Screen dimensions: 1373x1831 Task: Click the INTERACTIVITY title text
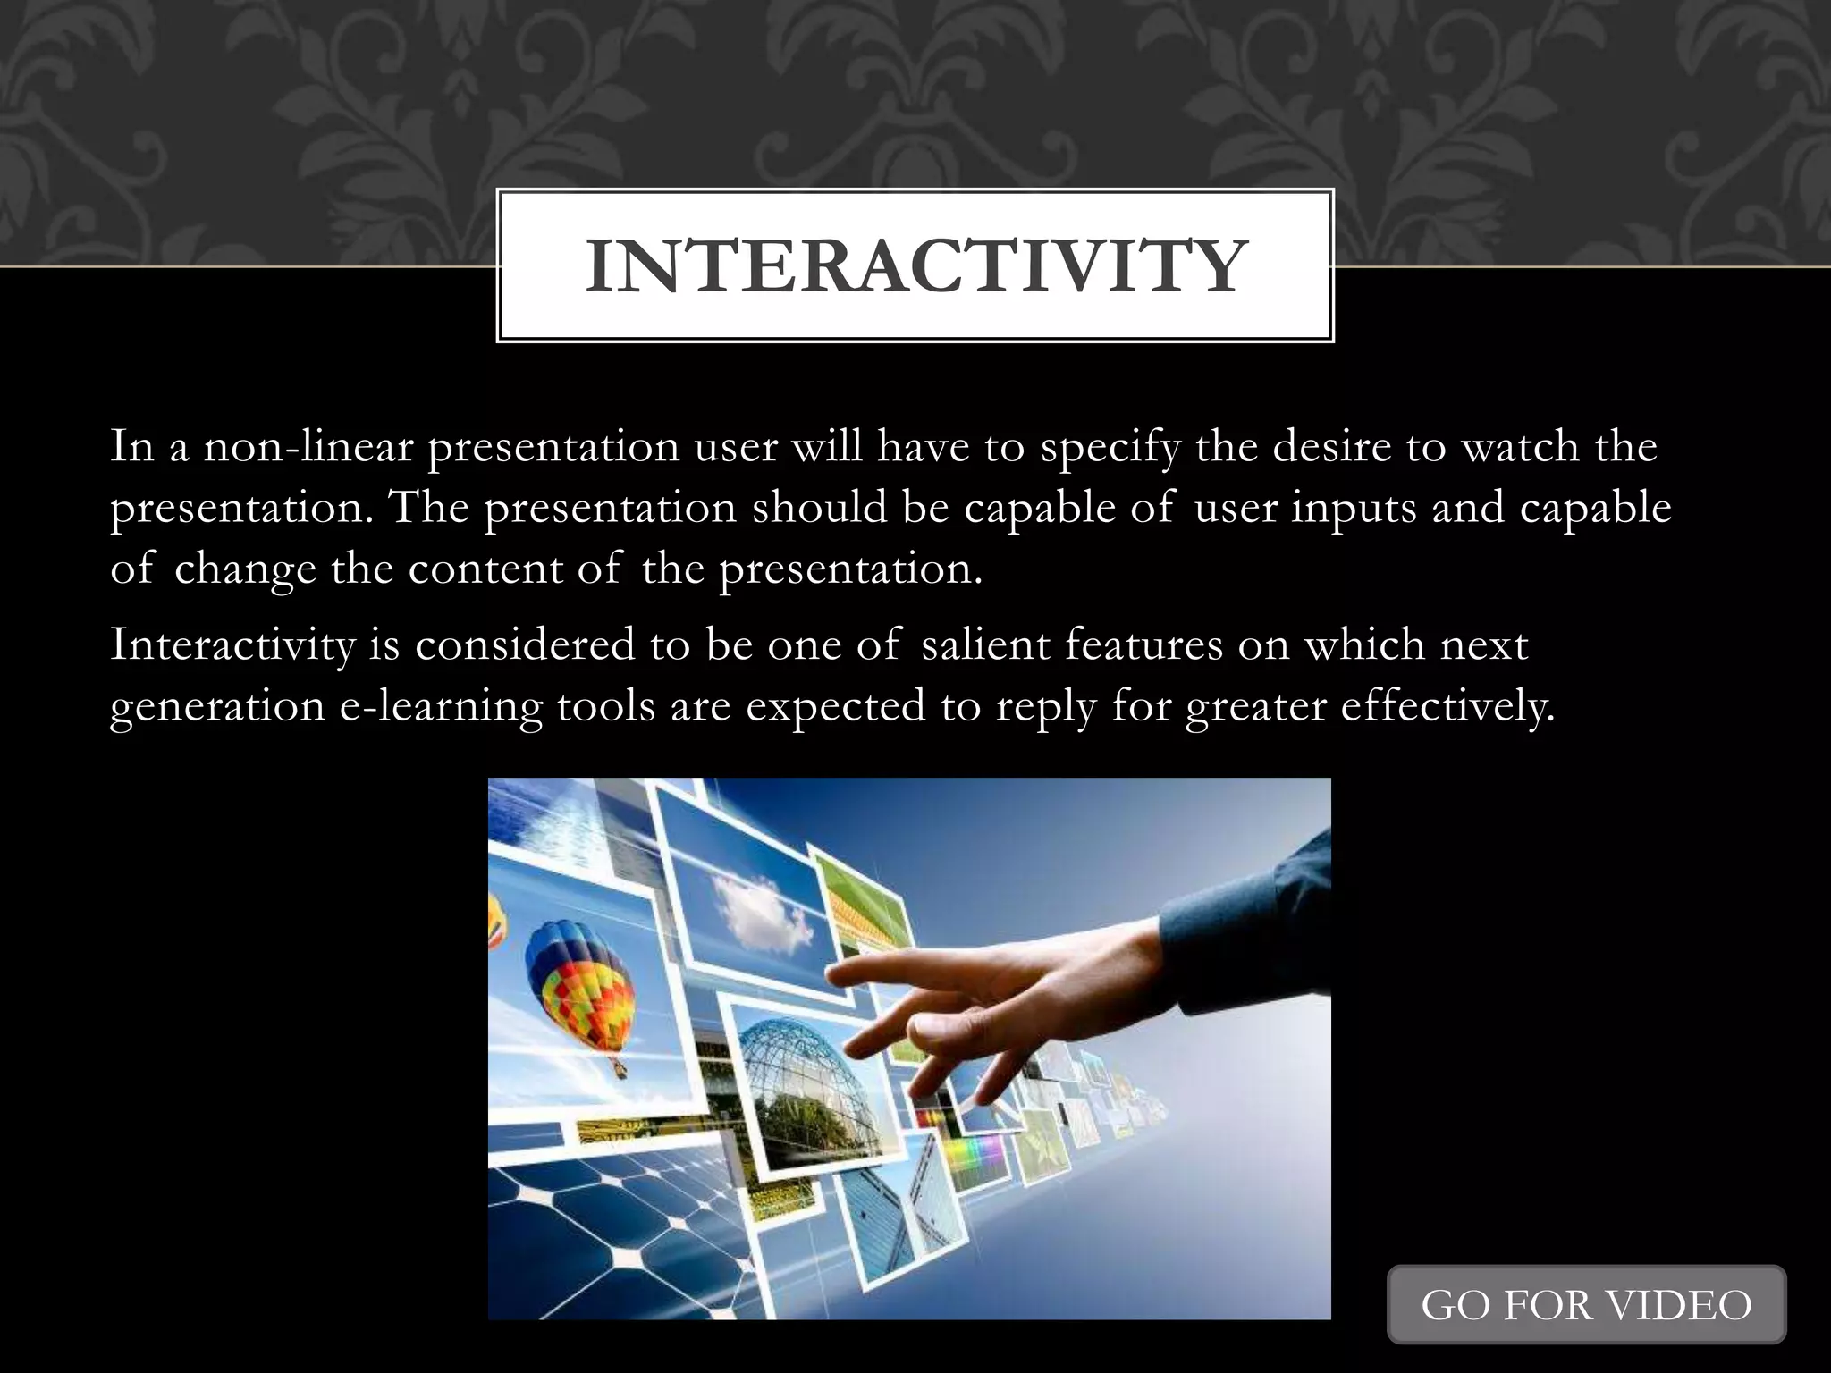[915, 266]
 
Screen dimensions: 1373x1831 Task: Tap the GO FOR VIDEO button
[1586, 1305]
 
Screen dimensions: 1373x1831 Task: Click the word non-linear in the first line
[308, 446]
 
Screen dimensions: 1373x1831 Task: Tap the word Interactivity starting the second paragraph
[232, 645]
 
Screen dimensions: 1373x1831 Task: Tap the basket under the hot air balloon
[617, 1067]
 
